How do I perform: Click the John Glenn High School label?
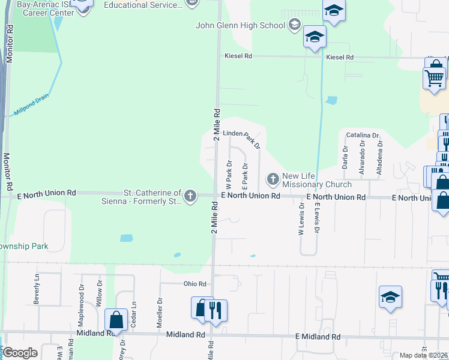241,25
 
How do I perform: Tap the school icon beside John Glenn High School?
294,25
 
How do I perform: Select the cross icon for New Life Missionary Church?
273,179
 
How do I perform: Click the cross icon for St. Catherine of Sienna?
190,196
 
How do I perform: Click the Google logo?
20,353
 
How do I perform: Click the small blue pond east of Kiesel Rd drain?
331,101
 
